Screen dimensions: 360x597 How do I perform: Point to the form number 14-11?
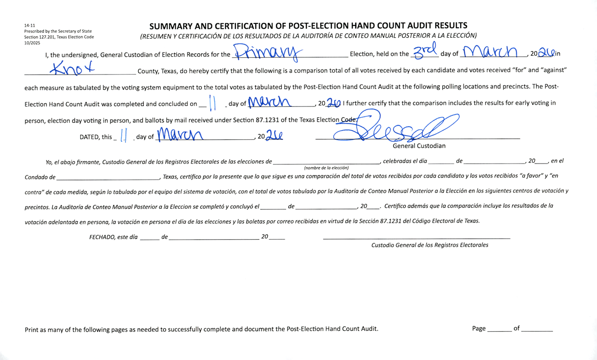(29, 25)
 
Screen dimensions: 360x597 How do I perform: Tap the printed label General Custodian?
(419, 146)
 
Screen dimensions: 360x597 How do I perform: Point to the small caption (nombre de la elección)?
(326, 168)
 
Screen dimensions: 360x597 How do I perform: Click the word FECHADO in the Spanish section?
(101, 237)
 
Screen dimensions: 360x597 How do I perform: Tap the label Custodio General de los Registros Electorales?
(430, 245)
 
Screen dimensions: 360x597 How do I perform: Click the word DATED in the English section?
(89, 137)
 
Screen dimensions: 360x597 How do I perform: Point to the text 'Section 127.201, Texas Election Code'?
(59, 37)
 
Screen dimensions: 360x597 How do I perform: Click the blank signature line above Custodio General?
(416, 238)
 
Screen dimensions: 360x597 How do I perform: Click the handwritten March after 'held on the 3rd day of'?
(491, 51)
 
